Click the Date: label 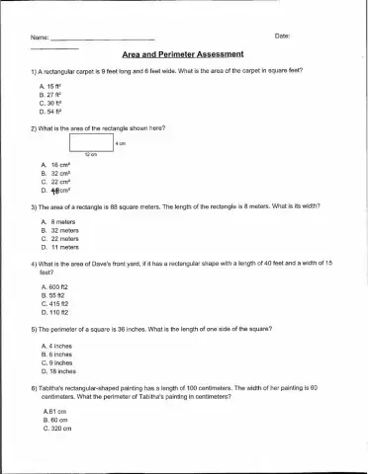pos(281,37)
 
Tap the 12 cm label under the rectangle pos(90,156)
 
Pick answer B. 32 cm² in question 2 pos(55,173)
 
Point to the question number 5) pos(35,327)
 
